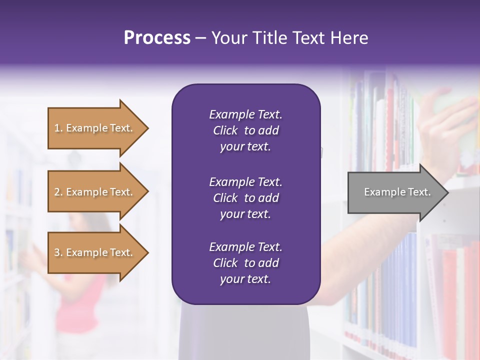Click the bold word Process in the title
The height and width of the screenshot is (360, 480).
[157, 38]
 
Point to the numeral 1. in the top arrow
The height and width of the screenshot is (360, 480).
[58, 128]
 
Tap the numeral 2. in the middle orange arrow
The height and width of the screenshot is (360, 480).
[58, 192]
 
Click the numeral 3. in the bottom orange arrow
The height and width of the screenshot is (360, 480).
[58, 252]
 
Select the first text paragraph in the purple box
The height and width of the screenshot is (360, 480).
[245, 130]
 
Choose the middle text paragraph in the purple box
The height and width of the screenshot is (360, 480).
[245, 197]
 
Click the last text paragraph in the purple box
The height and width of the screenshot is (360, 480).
[245, 263]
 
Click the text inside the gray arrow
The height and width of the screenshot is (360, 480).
[397, 192]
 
